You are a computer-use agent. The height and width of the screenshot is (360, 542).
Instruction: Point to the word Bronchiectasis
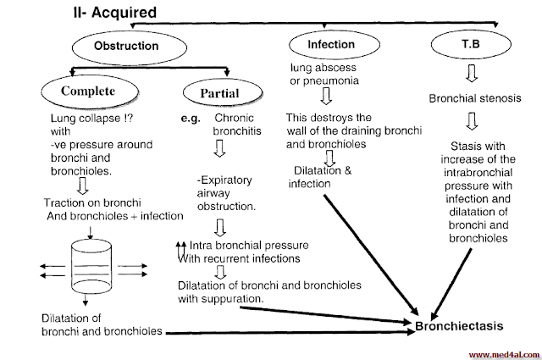460,325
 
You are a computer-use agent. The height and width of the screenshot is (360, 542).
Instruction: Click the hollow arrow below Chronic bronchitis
219,150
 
